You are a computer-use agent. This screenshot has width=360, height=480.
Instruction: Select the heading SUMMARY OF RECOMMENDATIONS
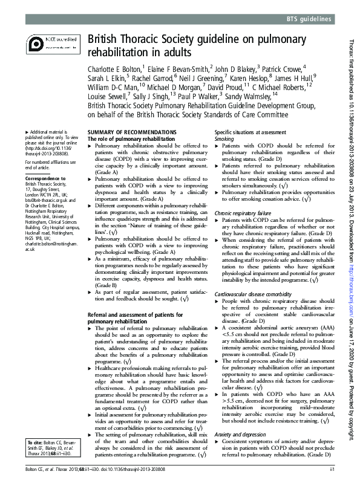[x=132, y=132]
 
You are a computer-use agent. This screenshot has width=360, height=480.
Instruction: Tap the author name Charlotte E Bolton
[x=114, y=68]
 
